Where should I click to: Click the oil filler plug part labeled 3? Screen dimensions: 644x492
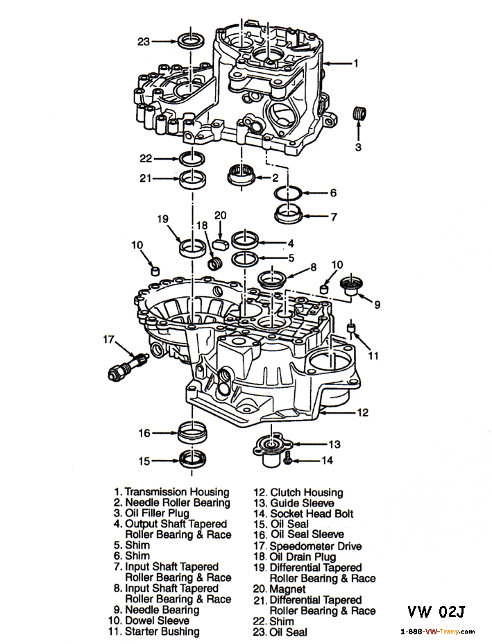click(x=359, y=112)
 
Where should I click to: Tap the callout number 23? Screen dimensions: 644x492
click(x=144, y=42)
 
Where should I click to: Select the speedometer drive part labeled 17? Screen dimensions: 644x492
click(x=125, y=366)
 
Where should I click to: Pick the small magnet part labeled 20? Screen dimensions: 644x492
click(x=221, y=243)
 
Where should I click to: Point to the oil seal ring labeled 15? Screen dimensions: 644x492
click(x=191, y=459)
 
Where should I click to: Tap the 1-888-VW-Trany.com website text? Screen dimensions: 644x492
click(x=438, y=632)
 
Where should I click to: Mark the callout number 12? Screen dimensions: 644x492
click(x=362, y=412)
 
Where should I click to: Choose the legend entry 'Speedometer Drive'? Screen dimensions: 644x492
click(x=315, y=546)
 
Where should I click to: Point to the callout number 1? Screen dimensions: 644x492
click(x=355, y=63)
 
